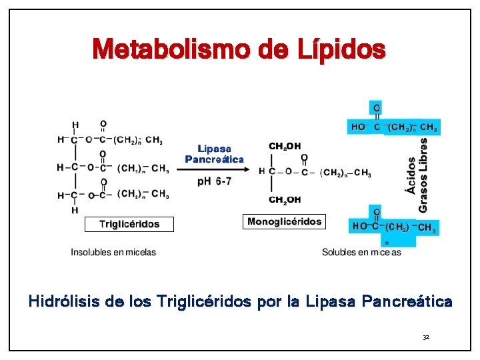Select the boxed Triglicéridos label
[129, 224]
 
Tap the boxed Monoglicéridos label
[284, 221]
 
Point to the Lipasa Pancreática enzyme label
[214, 154]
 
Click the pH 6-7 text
[214, 181]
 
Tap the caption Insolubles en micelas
[113, 252]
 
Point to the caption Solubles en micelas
[361, 252]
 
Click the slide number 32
[426, 338]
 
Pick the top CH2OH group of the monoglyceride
[285, 146]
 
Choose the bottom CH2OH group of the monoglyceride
[285, 199]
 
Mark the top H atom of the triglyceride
[75, 125]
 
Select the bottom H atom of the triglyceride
[75, 209]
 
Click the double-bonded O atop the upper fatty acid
[377, 108]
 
